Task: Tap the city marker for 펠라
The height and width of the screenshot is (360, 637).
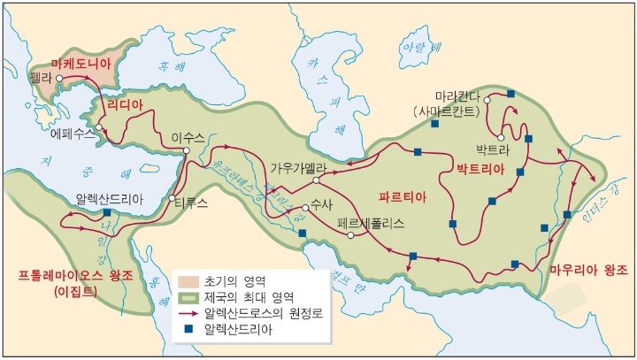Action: [59, 79]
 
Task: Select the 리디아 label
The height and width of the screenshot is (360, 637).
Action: [124, 104]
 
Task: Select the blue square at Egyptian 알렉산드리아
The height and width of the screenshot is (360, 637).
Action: [107, 213]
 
